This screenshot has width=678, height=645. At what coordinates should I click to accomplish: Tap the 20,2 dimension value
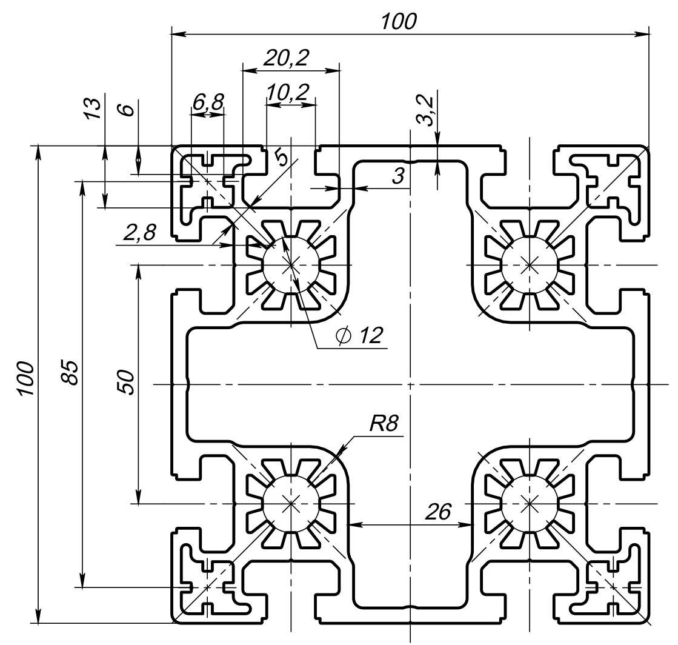click(286, 58)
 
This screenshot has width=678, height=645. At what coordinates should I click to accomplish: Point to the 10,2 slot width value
click(287, 92)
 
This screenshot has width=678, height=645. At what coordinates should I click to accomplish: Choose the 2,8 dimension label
click(140, 232)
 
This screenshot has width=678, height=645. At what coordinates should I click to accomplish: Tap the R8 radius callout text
click(384, 423)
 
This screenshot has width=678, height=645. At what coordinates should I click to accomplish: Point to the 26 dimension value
click(437, 512)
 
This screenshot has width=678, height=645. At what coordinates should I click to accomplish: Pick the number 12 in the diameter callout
click(371, 336)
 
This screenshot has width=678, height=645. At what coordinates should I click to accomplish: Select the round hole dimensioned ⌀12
click(291, 264)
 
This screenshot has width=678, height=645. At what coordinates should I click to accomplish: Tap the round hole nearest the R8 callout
click(291, 503)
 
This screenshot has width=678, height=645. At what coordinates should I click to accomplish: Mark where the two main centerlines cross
click(411, 384)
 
